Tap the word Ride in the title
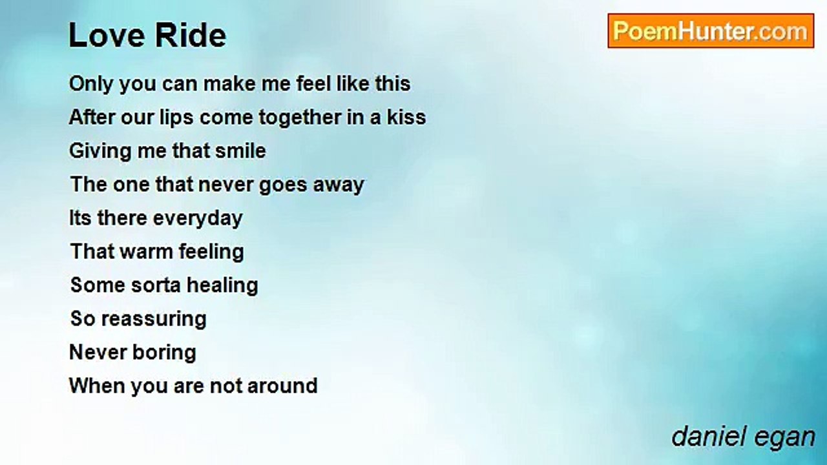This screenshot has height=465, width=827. point(191,36)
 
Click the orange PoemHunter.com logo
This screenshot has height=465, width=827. point(711,31)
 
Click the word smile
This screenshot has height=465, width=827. point(240,150)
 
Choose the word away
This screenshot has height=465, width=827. point(339,185)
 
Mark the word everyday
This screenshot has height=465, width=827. point(198,218)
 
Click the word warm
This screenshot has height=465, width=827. point(147,252)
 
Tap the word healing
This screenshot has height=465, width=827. point(222,286)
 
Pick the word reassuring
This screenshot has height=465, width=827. point(154,320)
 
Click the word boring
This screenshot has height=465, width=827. point(164,353)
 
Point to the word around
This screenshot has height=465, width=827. point(282,386)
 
